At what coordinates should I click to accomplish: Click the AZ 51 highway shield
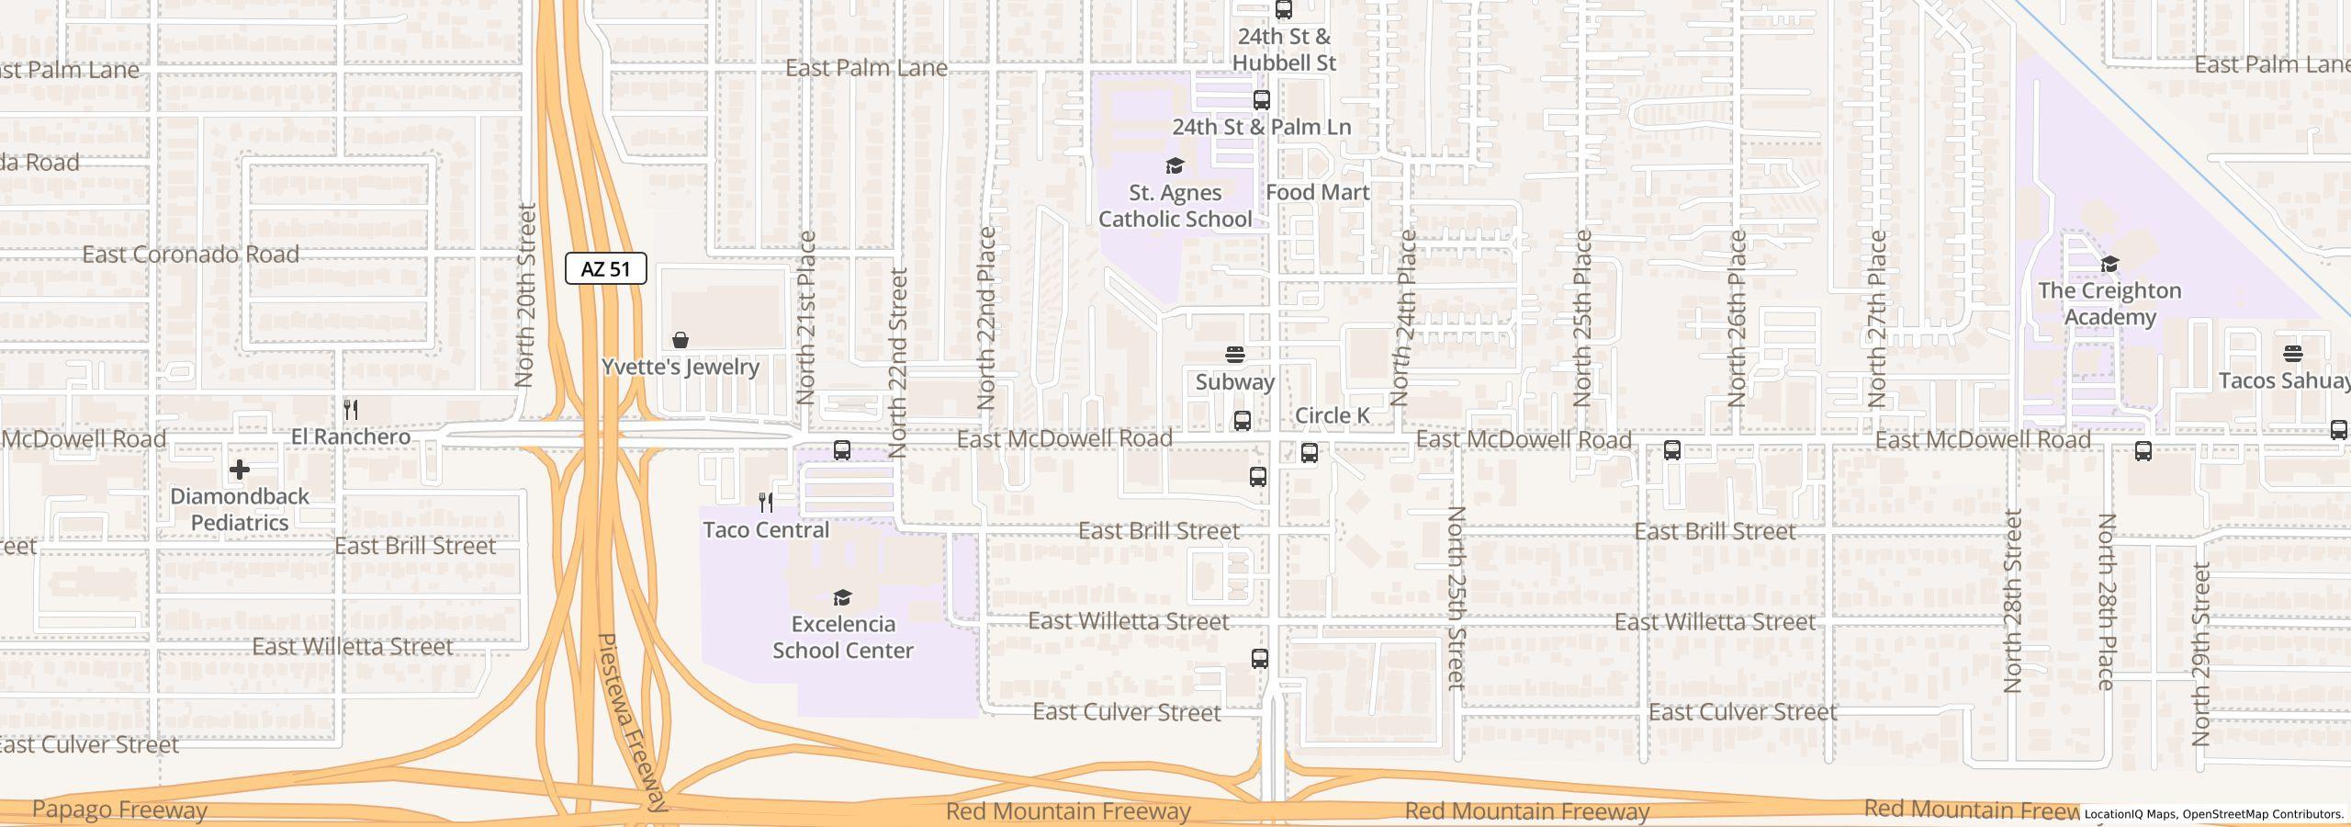(605, 268)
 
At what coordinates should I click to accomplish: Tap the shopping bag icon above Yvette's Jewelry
(681, 341)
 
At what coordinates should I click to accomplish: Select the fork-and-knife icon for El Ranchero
(351, 410)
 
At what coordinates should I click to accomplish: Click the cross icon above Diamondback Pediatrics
(240, 470)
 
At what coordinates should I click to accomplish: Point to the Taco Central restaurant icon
(766, 503)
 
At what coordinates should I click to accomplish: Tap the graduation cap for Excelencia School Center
(842, 598)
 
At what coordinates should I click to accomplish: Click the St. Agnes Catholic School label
(1175, 206)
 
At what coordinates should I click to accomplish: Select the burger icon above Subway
(1235, 355)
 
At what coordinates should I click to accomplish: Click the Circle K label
(1332, 415)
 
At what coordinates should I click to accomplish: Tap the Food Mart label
(1317, 192)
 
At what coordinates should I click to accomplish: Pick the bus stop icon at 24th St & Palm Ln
(1262, 100)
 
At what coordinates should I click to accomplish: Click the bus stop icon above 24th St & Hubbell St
(1284, 10)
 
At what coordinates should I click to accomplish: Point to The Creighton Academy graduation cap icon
(2109, 265)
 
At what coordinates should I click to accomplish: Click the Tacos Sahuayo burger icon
(2292, 354)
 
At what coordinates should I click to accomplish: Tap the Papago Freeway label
(119, 810)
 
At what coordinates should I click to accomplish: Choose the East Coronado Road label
(191, 255)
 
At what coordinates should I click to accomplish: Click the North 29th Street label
(2200, 654)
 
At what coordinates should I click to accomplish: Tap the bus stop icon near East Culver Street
(1260, 659)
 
